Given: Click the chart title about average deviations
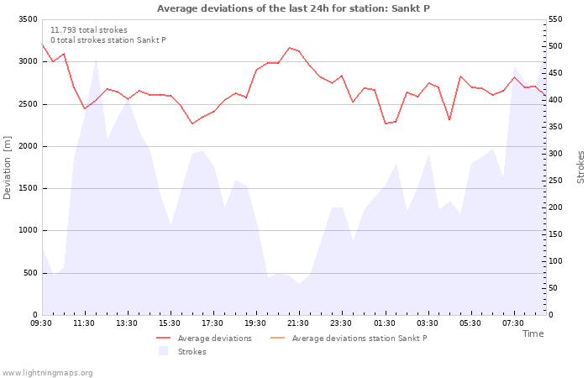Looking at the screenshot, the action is point(293,8).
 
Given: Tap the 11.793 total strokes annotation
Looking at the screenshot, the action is point(89,30).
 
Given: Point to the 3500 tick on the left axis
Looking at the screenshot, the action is point(28,19).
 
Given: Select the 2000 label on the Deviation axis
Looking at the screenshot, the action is point(28,146).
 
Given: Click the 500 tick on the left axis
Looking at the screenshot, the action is point(30,273).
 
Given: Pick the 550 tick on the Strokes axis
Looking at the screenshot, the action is point(555,19).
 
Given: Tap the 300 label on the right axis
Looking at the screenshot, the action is point(555,154).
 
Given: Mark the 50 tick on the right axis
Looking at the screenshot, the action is point(553,288).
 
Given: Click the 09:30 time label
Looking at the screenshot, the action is point(41,323).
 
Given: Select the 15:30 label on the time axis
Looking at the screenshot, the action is point(169,323).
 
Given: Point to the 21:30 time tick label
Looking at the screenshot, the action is point(297,323).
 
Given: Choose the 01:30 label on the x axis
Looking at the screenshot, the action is point(385,323).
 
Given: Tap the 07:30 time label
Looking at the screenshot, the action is point(513,323).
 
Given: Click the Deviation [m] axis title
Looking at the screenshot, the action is point(7,167).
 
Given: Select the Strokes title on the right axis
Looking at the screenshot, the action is point(580,167).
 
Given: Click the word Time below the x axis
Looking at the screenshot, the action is point(533,333).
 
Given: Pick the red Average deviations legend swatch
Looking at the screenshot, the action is point(164,338).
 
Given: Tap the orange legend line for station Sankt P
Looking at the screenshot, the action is point(277,338).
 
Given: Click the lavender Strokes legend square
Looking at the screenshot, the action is point(164,351).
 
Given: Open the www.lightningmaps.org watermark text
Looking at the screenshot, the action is point(47,373).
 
